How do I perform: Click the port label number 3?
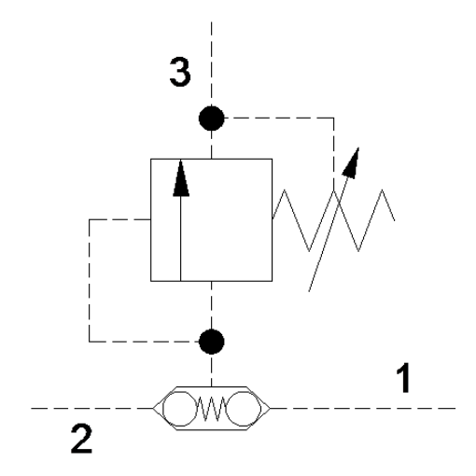click(x=180, y=72)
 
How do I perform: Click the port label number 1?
click(x=403, y=378)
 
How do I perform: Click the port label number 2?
click(x=81, y=439)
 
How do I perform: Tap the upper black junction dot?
click(x=212, y=119)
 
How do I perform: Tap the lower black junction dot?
click(x=212, y=342)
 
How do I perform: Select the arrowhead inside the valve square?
click(x=181, y=178)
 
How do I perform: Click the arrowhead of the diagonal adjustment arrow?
click(x=351, y=163)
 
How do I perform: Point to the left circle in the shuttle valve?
click(x=179, y=409)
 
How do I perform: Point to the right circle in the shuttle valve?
click(x=244, y=409)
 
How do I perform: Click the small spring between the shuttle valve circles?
click(x=212, y=409)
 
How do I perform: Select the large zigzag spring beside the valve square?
click(x=333, y=220)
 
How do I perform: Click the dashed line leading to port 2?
click(x=92, y=408)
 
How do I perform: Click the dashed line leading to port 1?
click(x=363, y=408)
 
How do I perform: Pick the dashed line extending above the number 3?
click(x=212, y=63)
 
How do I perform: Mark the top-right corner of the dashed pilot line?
click(x=334, y=118)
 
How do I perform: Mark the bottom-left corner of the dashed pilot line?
click(x=90, y=342)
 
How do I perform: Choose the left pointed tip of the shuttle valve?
click(x=153, y=408)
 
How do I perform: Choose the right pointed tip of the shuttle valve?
click(x=270, y=408)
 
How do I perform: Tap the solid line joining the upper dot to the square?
click(x=212, y=145)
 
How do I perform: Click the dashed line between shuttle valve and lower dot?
click(x=212, y=371)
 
